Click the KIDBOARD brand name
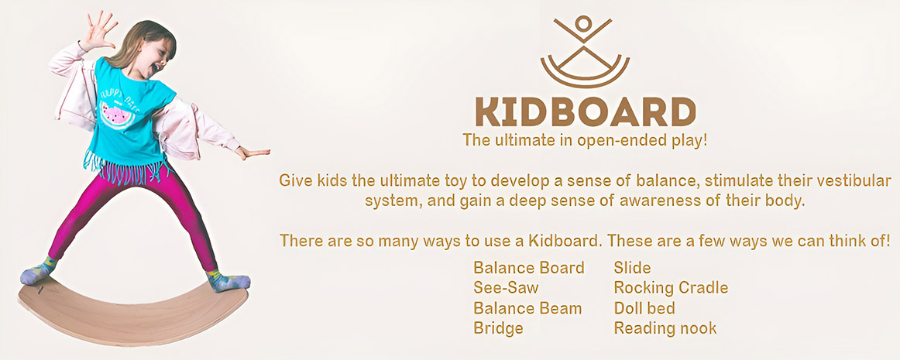click(585, 112)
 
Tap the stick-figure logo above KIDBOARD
click(585, 50)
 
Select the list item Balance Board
click(528, 268)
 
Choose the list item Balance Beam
click(527, 308)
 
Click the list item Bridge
click(498, 328)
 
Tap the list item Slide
click(631, 268)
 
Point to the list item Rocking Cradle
click(671, 288)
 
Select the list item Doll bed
click(644, 308)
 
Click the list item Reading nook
click(665, 328)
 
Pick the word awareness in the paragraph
click(672, 201)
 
